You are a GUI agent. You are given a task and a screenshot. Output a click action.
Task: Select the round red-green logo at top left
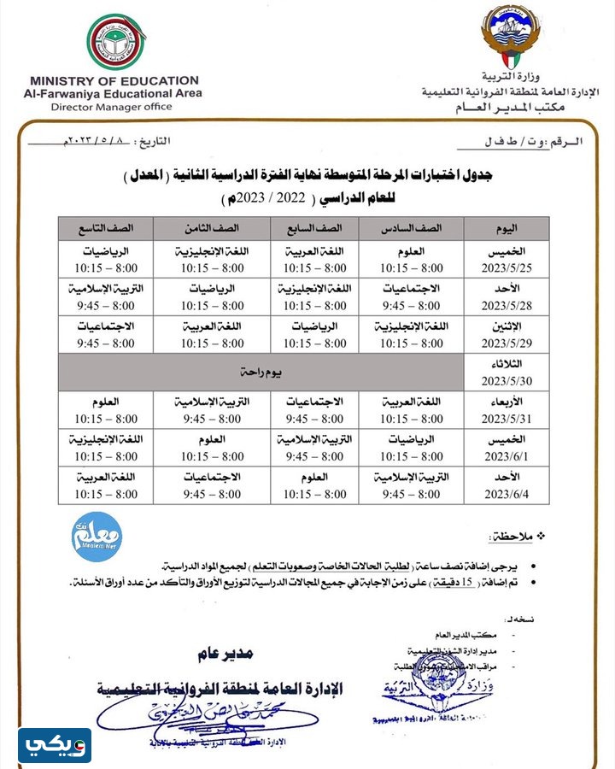click(115, 41)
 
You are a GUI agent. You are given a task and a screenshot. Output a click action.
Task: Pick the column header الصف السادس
click(412, 228)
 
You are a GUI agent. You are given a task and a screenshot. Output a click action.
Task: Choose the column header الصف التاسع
click(105, 228)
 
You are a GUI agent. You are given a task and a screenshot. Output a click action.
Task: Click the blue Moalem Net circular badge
click(97, 537)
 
